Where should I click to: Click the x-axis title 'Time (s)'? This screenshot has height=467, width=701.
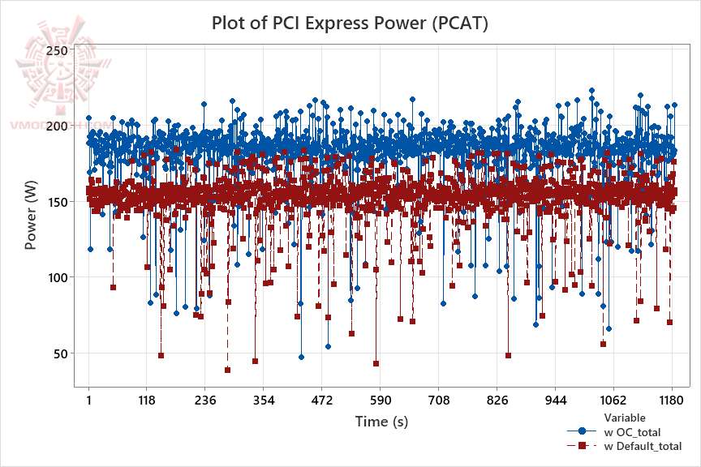click(x=381, y=422)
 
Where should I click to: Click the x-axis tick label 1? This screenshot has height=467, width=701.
click(x=88, y=400)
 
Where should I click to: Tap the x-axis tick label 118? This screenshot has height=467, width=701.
click(x=147, y=400)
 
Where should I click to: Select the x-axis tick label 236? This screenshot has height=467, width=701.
click(x=205, y=400)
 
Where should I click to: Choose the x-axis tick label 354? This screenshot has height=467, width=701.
click(x=264, y=400)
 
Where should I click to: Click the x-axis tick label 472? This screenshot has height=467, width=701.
click(x=322, y=400)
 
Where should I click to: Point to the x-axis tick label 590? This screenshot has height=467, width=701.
click(x=381, y=400)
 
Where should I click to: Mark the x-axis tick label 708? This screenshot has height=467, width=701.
click(x=439, y=400)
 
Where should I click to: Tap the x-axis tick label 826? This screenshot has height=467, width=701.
click(x=497, y=400)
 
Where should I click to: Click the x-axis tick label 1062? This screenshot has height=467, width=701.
click(x=613, y=400)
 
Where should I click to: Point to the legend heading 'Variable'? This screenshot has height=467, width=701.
click(x=625, y=418)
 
